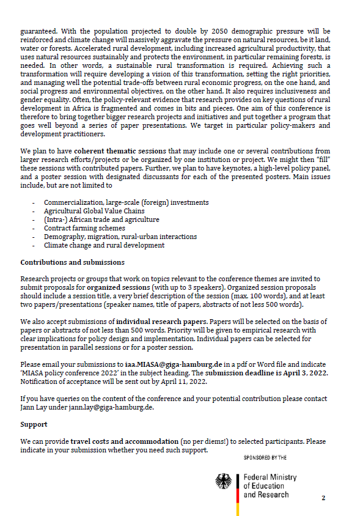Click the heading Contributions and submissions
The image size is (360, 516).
72,262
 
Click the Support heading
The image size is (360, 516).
34,424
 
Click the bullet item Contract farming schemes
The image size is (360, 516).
83,228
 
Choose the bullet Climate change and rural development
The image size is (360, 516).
104,245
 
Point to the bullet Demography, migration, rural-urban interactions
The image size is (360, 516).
120,237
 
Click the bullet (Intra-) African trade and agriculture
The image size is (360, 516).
101,219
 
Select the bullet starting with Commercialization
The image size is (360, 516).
126,202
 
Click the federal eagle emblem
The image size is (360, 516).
224,482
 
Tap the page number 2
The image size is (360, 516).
324,498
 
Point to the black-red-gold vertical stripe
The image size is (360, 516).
237,486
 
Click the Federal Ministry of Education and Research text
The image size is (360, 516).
270,485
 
